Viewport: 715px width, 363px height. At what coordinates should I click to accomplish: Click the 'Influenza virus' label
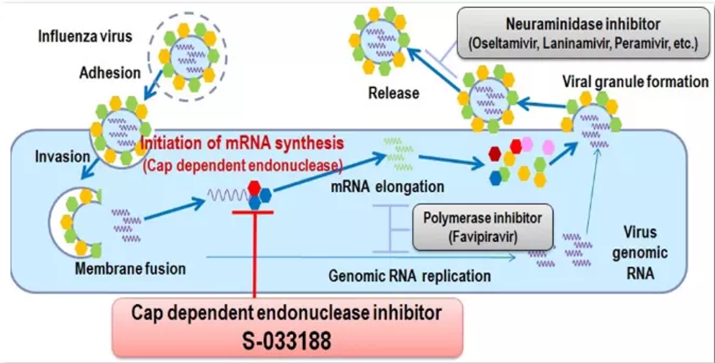[x=85, y=35]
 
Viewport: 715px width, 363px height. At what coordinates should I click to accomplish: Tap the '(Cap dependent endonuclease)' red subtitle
[x=241, y=165]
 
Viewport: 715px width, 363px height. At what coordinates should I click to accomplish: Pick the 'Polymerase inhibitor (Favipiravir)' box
[x=476, y=227]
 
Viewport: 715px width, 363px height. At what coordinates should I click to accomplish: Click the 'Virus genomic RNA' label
[x=647, y=254]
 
